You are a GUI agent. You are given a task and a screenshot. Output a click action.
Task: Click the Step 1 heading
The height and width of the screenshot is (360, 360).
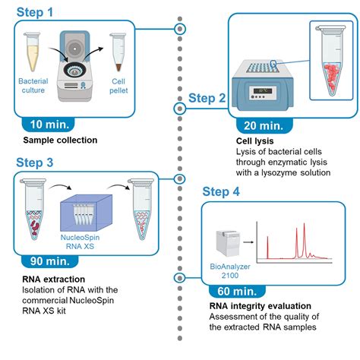tap(35, 12)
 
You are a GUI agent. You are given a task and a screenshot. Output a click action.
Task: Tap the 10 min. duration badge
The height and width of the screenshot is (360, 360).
tap(49, 125)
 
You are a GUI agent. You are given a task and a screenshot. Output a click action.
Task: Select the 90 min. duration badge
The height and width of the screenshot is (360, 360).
tap(49, 261)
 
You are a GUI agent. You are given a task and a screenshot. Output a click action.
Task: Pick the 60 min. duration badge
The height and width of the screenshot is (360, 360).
tap(237, 292)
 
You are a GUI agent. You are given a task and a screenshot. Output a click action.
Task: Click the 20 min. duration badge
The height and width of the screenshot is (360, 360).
tap(264, 126)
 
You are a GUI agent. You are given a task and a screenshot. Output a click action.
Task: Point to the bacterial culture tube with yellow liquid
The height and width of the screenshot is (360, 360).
tap(32, 52)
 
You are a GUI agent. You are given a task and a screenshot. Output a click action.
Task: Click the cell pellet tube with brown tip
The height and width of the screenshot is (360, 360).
tap(118, 52)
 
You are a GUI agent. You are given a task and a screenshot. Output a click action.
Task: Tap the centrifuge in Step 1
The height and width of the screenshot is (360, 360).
tap(75, 66)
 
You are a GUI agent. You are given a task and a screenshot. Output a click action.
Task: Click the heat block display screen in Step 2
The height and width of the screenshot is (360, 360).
tap(263, 90)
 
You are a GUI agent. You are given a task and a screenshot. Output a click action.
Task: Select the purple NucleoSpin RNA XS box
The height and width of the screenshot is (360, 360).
tap(86, 213)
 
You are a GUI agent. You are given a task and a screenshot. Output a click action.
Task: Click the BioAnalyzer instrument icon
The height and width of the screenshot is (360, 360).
tap(227, 244)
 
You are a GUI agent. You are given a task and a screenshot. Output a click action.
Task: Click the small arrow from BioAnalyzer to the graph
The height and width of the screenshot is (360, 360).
tap(248, 242)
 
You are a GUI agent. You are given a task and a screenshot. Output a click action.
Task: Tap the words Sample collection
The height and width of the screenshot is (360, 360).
tap(60, 140)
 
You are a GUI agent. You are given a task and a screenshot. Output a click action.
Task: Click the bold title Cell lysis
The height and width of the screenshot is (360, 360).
tap(254, 141)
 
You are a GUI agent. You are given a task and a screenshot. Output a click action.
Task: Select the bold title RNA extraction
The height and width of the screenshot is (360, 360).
tap(54, 279)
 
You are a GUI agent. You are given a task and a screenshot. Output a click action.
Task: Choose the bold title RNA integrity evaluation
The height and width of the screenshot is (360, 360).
tap(261, 306)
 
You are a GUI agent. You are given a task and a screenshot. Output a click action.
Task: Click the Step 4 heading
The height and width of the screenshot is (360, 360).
tap(221, 191)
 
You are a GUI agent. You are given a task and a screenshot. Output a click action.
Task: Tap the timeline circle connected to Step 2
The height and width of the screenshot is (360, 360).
tap(180, 109)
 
